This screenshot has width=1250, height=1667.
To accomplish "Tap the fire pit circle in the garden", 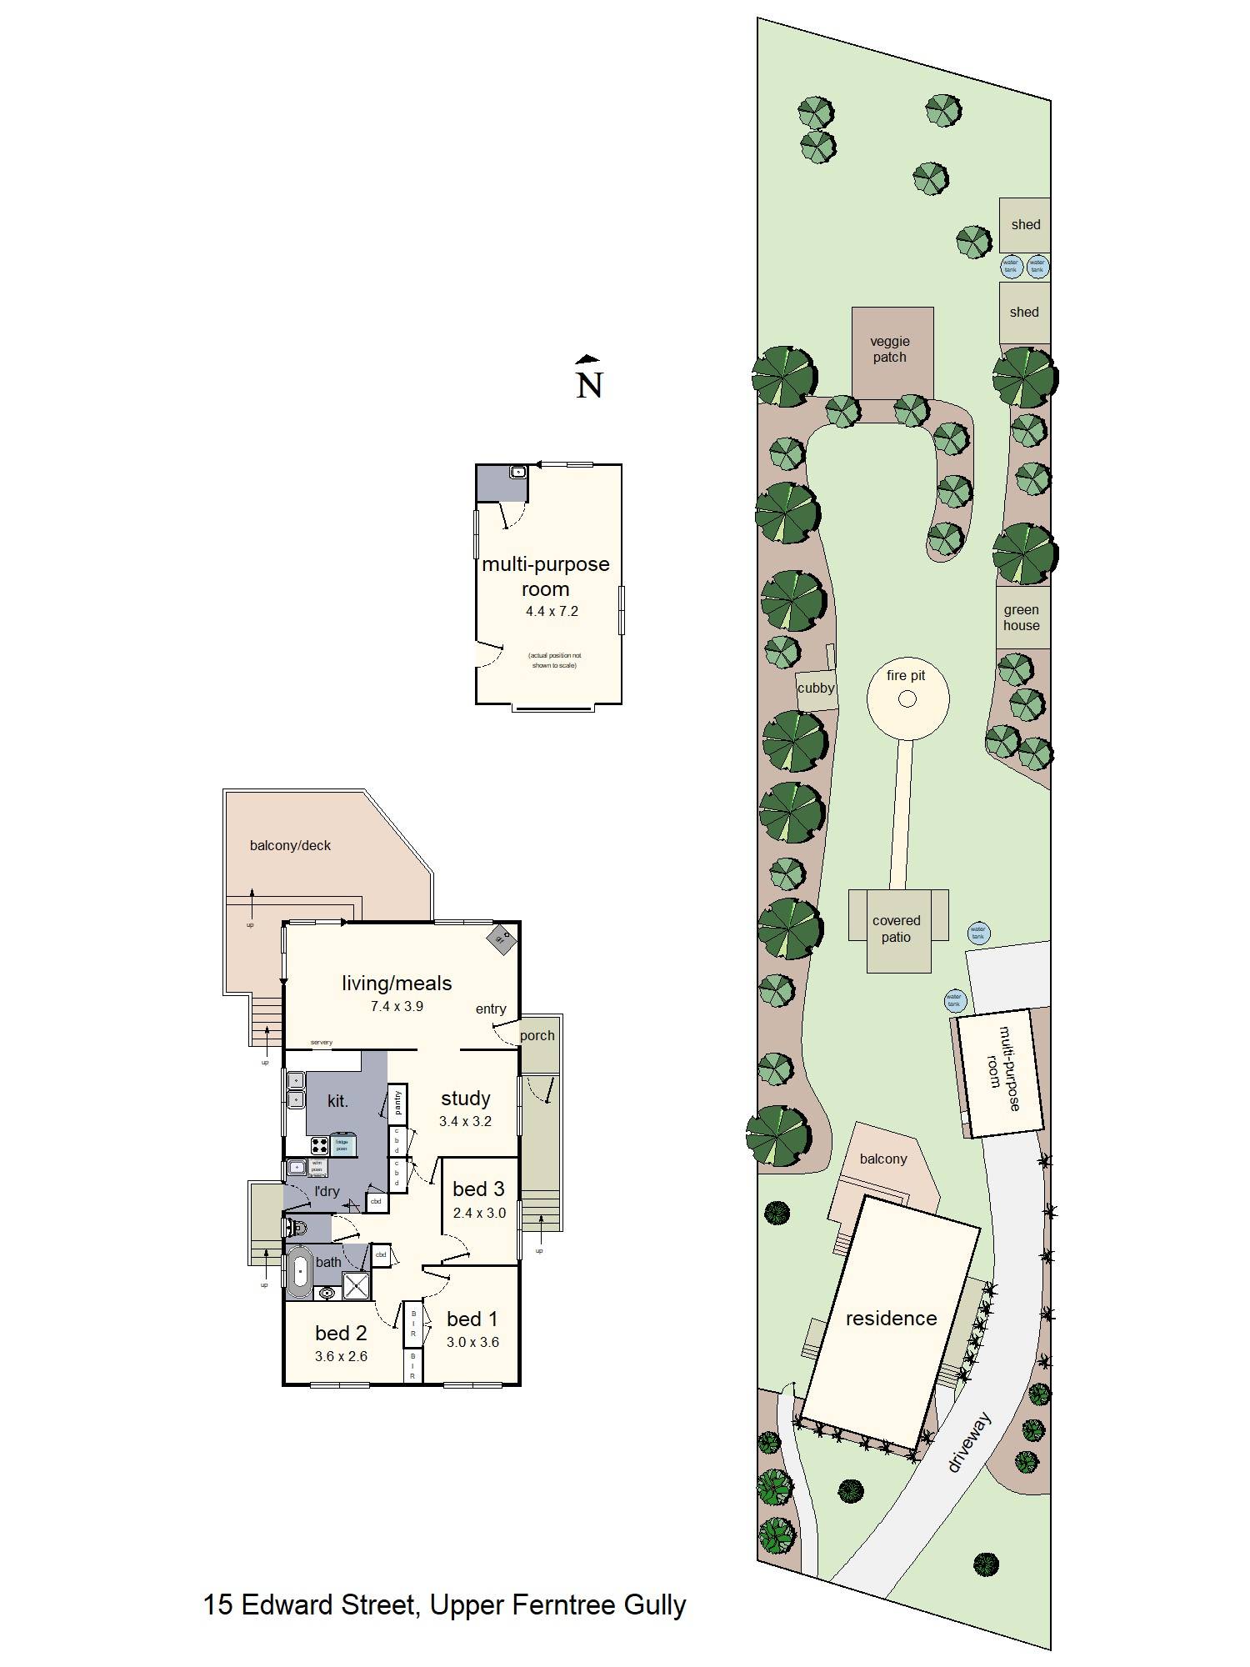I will [907, 698].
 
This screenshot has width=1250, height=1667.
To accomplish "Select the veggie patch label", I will [890, 349].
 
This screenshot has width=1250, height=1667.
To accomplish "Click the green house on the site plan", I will [1022, 618].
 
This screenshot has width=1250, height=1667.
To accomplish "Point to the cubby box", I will [816, 689].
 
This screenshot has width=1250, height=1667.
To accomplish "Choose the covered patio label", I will [897, 929].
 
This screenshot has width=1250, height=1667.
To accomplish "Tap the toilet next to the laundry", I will [297, 1227].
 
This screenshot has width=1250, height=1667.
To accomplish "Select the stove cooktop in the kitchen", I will [319, 1145].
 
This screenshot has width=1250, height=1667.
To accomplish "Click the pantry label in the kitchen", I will [398, 1102].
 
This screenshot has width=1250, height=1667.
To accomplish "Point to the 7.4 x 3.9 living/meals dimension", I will [397, 1006].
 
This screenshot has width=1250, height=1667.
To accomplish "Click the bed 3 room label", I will [478, 1189].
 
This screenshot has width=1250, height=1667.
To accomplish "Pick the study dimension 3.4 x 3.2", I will [465, 1121].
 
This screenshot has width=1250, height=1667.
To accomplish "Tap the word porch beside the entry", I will [537, 1035].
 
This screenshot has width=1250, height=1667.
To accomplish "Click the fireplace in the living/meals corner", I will [501, 939].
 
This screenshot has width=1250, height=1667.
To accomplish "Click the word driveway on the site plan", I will [971, 1442].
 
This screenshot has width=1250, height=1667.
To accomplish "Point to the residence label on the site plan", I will [891, 1318].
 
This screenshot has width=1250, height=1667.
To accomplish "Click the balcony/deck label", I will [290, 845].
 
